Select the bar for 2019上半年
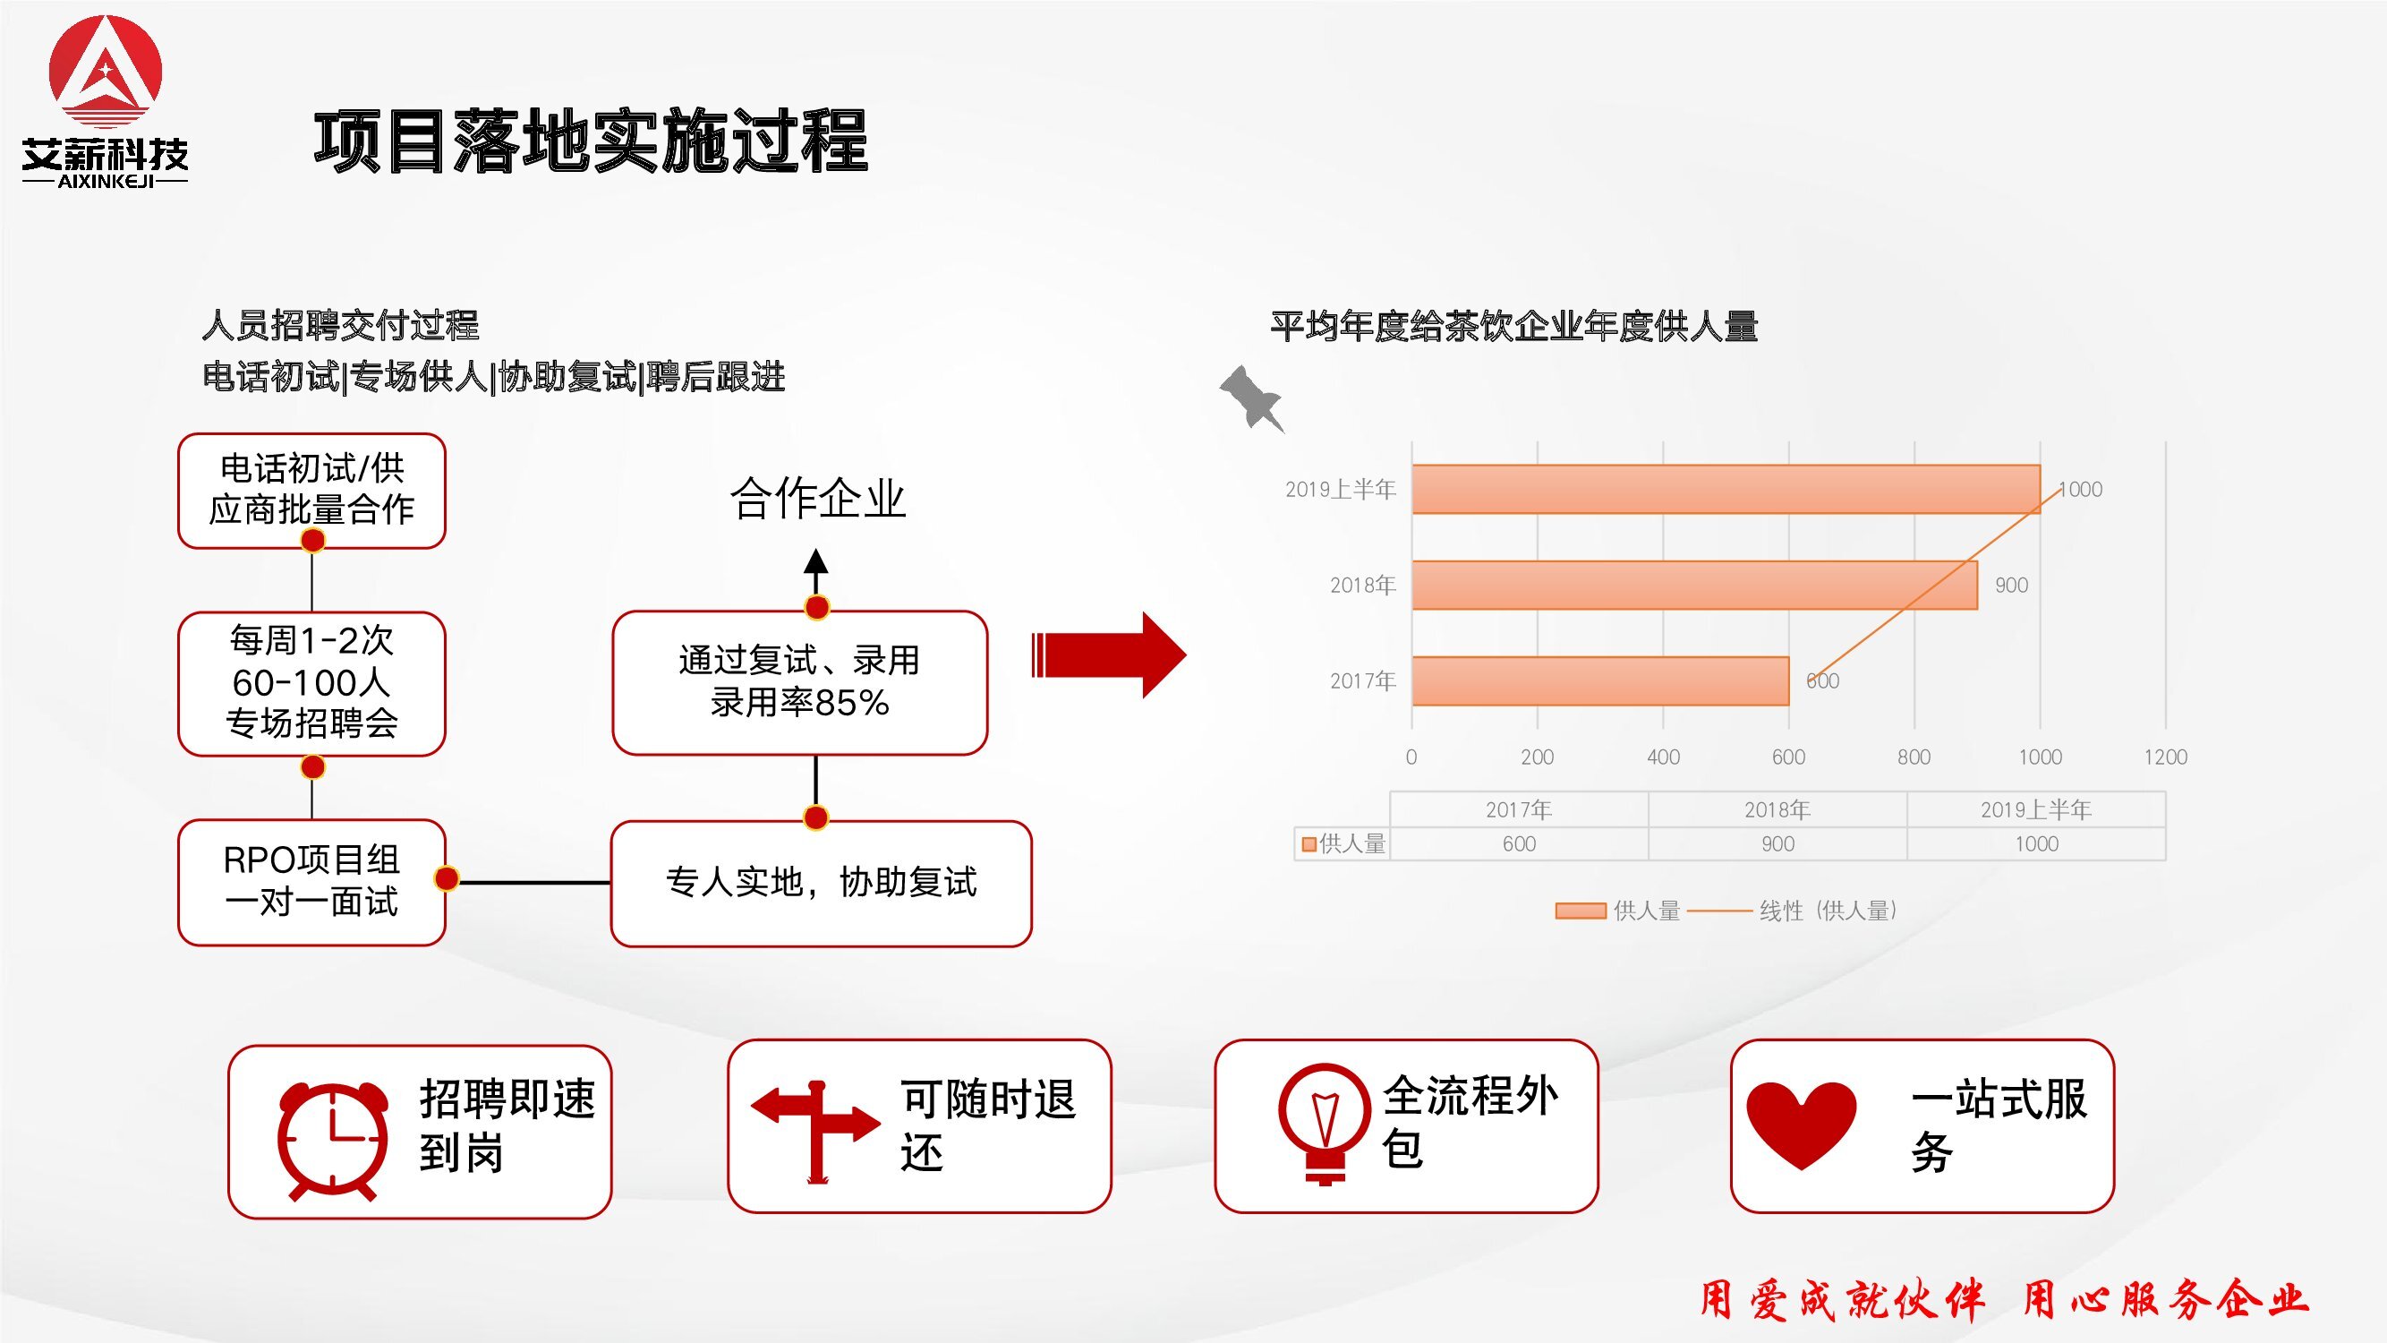tap(1726, 490)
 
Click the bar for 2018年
tap(1695, 585)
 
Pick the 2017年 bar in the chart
tap(1600, 681)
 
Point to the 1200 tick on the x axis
tap(2166, 757)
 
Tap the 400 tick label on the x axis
tap(1663, 757)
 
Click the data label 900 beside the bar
tap(2012, 585)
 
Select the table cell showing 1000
tap(2037, 844)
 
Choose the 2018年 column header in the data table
tap(1777, 810)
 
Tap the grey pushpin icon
tap(1252, 398)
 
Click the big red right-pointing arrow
tap(1109, 654)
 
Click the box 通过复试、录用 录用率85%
tap(799, 682)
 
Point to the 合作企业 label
tap(817, 499)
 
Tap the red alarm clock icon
tap(333, 1140)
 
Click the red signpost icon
tap(815, 1132)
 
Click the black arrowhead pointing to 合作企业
tap(815, 560)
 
